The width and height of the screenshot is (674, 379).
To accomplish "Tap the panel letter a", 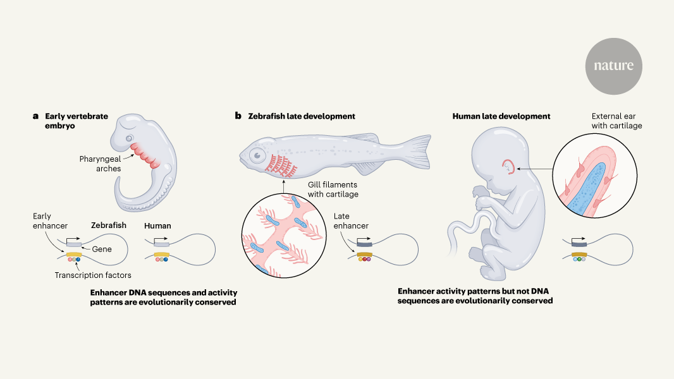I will click(x=36, y=116).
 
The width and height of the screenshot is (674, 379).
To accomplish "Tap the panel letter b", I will click(x=238, y=116).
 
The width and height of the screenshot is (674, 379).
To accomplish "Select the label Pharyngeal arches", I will click(x=99, y=164).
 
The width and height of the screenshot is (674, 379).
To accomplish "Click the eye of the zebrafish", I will click(x=256, y=154).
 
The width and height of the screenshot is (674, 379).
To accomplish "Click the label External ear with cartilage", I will click(x=616, y=121).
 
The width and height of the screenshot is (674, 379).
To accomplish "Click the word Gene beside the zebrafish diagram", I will click(x=102, y=249).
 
